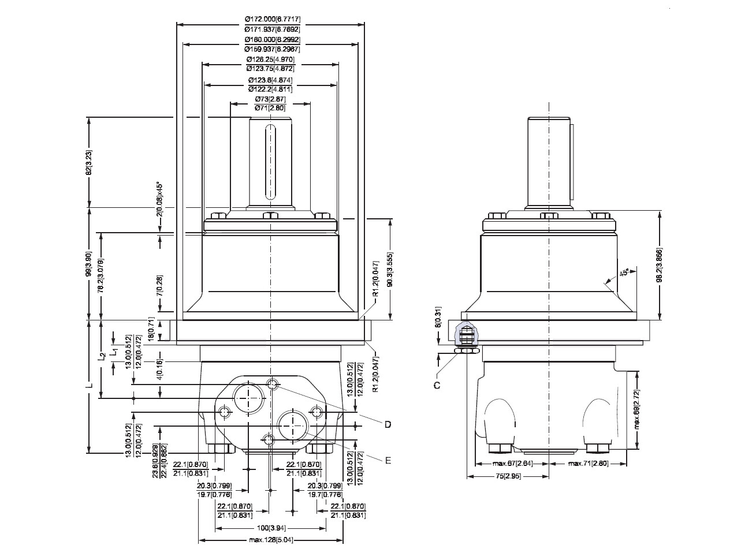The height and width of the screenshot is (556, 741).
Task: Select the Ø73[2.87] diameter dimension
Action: [x=270, y=99]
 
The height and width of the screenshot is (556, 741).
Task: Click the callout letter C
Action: [x=437, y=385]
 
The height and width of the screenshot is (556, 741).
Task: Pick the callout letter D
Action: [x=388, y=424]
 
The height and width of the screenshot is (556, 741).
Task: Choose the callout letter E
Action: [x=388, y=460]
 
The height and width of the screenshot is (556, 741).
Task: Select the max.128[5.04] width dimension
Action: [x=271, y=540]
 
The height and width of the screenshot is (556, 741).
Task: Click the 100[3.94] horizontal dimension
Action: [x=271, y=528]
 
